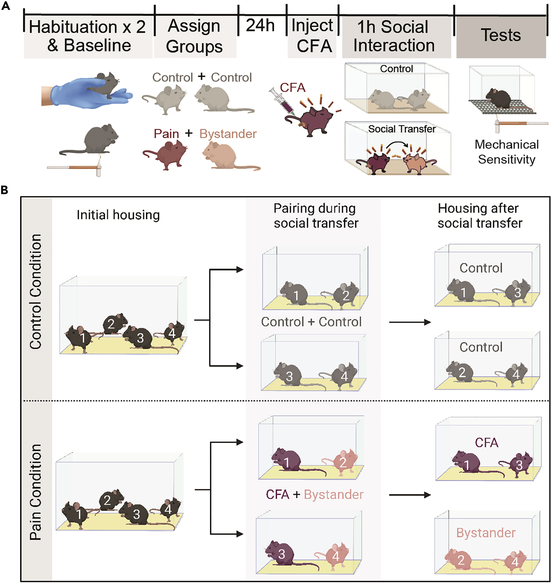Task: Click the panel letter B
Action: click(x=5, y=190)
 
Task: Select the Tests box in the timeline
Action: click(x=500, y=36)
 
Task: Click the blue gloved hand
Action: click(x=88, y=94)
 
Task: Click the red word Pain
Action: click(x=166, y=134)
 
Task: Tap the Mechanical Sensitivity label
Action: click(x=506, y=152)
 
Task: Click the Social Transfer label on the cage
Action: click(x=402, y=129)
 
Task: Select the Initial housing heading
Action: click(x=118, y=215)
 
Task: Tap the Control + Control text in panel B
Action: click(x=311, y=322)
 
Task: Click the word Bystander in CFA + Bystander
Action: click(x=333, y=494)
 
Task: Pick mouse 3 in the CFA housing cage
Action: click(x=519, y=465)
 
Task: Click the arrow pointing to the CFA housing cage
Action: click(x=410, y=495)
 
